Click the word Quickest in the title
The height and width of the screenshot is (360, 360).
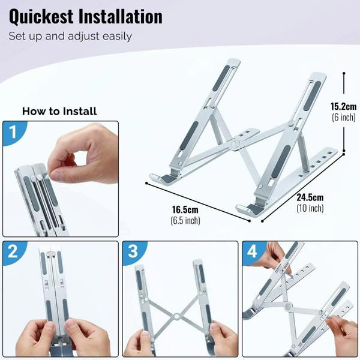[x=41, y=17]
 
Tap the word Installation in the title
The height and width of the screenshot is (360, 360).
[x=121, y=16]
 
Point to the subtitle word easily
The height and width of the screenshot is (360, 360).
[x=117, y=37]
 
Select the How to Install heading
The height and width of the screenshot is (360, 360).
[x=59, y=112]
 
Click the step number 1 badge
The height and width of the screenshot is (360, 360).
[x=13, y=132]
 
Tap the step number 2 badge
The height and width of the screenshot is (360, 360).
[x=13, y=251]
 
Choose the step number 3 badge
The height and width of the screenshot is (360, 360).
[x=133, y=251]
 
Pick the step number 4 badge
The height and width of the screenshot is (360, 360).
[x=252, y=251]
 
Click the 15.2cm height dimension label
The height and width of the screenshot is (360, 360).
[x=343, y=107]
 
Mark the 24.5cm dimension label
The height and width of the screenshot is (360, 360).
[x=310, y=197]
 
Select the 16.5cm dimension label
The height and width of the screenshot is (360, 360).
[x=185, y=209]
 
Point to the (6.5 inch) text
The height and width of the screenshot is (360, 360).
[x=185, y=221]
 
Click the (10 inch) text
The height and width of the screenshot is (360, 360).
[x=310, y=208]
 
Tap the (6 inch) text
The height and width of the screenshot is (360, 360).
[x=343, y=118]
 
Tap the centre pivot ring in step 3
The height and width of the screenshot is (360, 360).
[x=176, y=316]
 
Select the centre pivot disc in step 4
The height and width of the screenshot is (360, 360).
[x=287, y=306]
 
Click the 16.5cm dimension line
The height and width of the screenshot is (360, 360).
[x=198, y=202]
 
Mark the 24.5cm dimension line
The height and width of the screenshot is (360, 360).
[x=303, y=188]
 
